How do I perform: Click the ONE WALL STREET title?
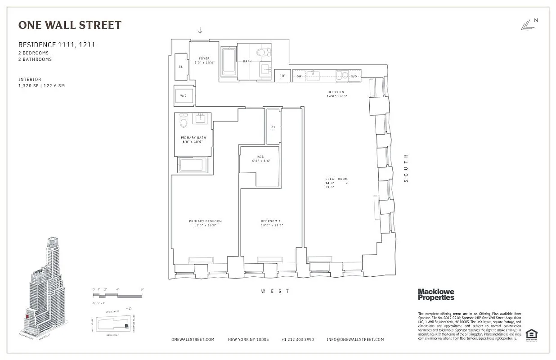click(x=70, y=25)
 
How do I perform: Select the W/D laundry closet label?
click(x=184, y=96)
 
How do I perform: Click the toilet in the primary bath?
click(x=183, y=120)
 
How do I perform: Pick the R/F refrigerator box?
click(x=282, y=76)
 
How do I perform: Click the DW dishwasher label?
click(x=299, y=76)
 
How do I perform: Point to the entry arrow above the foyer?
click(x=200, y=31)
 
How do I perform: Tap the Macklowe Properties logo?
click(x=436, y=295)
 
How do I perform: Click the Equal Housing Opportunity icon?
click(x=531, y=334)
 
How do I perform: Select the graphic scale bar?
click(x=117, y=295)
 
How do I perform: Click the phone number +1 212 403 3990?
click(x=297, y=340)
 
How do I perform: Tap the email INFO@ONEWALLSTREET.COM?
click(x=355, y=340)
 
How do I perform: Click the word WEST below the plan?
click(x=275, y=292)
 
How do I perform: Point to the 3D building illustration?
click(x=45, y=288)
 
